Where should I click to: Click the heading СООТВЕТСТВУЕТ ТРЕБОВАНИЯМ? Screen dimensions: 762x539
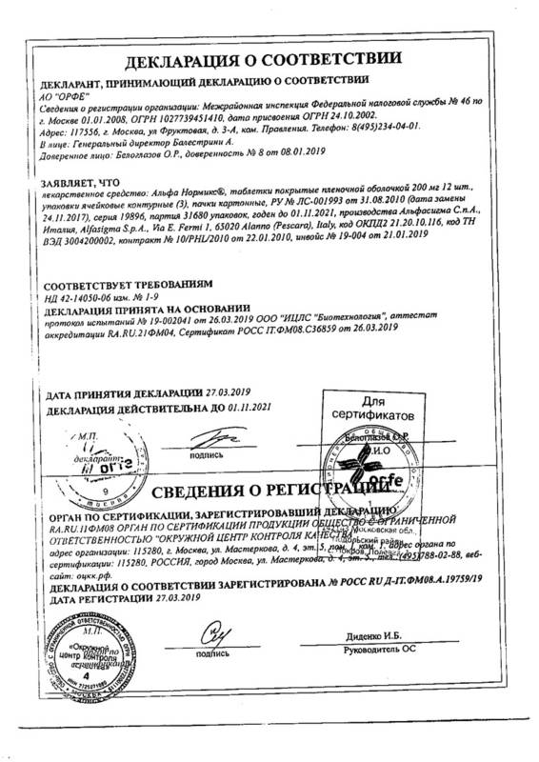(127, 284)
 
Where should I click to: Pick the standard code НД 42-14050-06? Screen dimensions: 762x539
(86, 297)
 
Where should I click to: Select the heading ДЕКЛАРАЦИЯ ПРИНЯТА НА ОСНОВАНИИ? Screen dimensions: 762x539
(157, 310)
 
